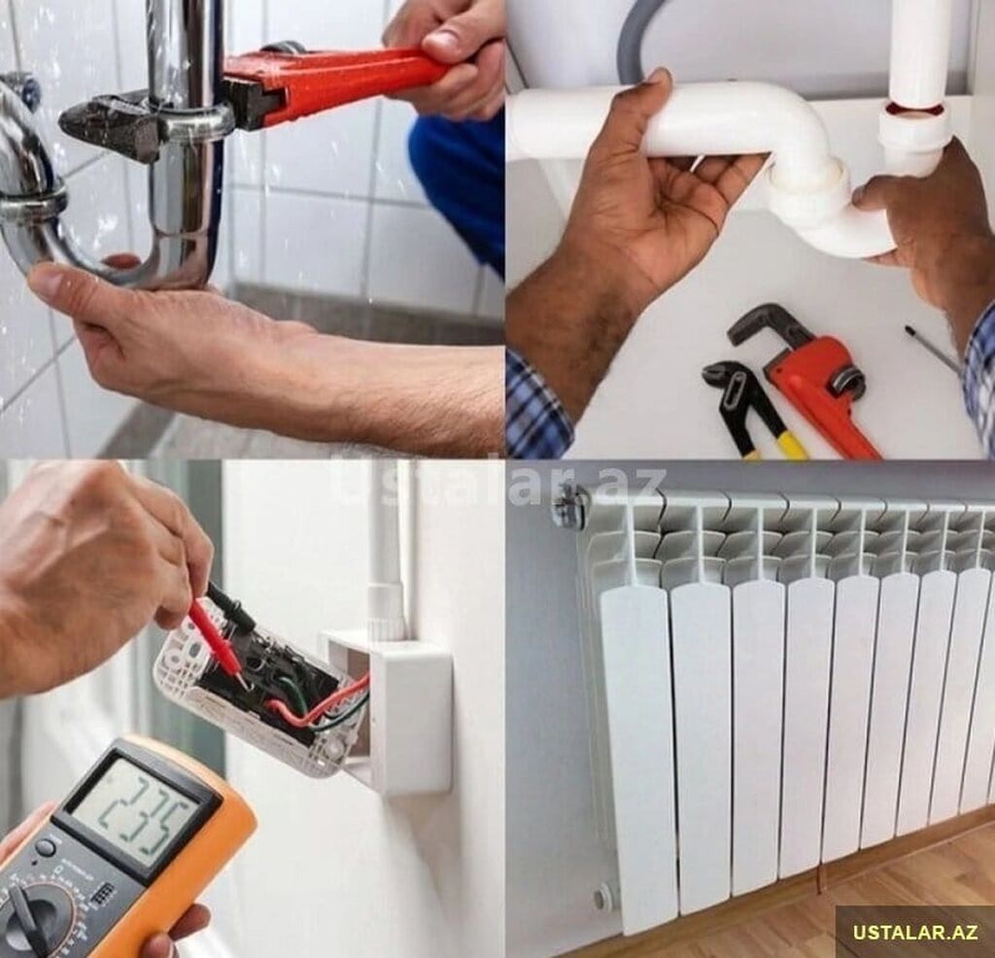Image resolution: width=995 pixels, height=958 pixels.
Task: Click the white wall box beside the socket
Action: coord(402,711)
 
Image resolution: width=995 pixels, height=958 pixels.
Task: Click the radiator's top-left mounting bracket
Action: coord(566,503)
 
